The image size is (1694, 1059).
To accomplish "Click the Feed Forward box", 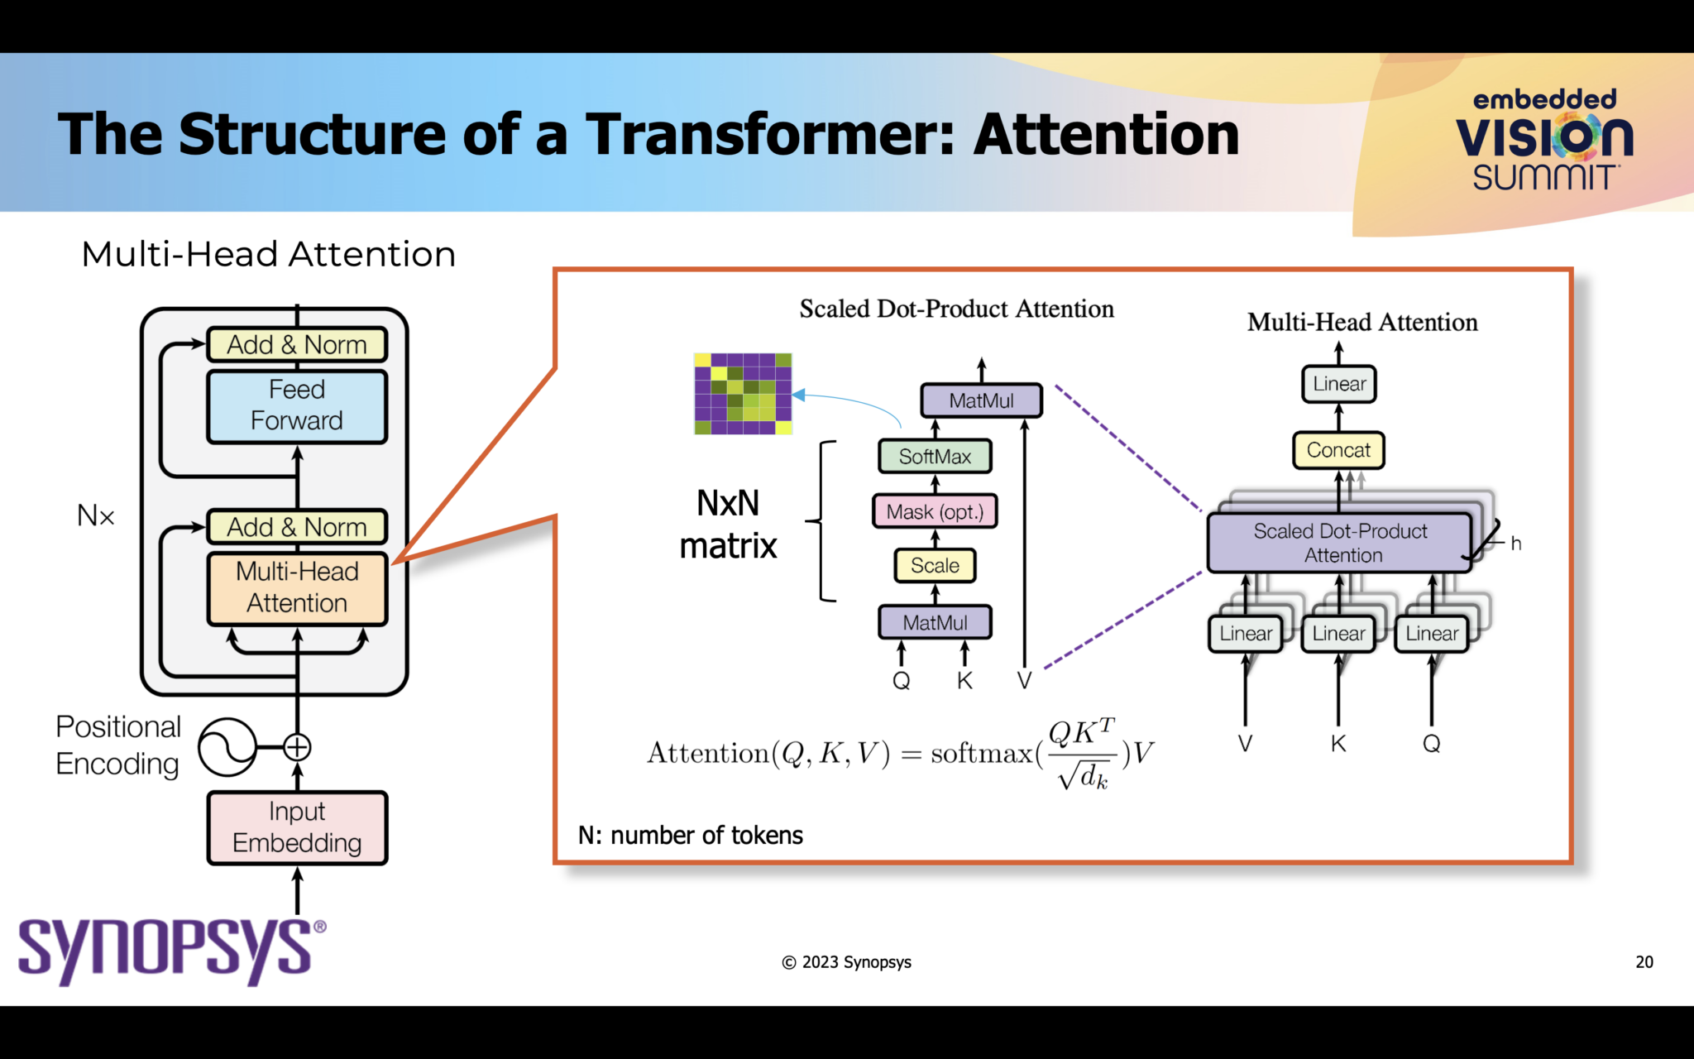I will click(x=296, y=405).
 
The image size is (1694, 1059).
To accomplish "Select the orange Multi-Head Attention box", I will click(x=296, y=587).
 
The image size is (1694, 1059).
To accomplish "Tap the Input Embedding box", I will click(x=296, y=827).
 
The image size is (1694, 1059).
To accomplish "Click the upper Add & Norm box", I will click(x=296, y=344).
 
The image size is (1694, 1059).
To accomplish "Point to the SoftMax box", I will click(x=935, y=456).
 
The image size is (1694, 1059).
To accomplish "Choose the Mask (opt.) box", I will click(x=935, y=511).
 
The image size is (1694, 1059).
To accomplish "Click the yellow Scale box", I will click(x=935, y=566).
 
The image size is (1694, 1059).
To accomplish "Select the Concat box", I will click(x=1338, y=450).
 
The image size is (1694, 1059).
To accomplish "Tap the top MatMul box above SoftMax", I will click(x=981, y=400).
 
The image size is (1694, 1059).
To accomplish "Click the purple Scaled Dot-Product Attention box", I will click(x=1340, y=543).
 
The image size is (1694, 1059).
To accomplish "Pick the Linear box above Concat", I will click(x=1339, y=384).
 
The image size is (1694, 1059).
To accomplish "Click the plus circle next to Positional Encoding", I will click(x=297, y=747).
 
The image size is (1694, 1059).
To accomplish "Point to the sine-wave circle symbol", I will click(x=227, y=747).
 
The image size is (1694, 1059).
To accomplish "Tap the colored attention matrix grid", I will click(x=743, y=394).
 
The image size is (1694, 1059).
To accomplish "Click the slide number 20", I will click(x=1644, y=961).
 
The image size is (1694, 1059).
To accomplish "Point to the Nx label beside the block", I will click(x=96, y=515).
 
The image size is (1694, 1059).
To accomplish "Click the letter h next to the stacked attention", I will click(x=1515, y=544).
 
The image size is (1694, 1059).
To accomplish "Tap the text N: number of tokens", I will click(x=690, y=836).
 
